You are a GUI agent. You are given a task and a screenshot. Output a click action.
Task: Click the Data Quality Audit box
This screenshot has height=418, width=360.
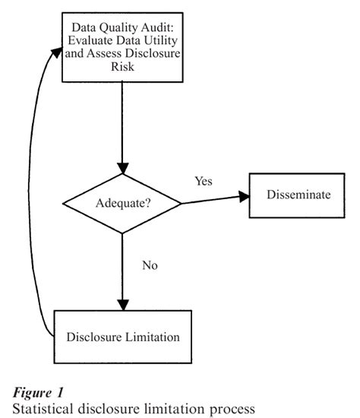(x=121, y=48)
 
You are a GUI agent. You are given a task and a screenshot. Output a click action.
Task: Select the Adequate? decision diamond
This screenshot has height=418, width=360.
(x=121, y=204)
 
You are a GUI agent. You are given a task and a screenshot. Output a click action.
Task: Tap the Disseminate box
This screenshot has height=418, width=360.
(x=298, y=195)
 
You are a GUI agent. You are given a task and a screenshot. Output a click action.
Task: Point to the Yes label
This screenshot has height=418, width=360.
(x=204, y=181)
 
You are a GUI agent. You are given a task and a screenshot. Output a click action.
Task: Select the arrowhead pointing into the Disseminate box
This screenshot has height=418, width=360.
(x=245, y=196)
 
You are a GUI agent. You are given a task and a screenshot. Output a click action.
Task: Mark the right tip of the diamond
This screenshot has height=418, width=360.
(x=181, y=204)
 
